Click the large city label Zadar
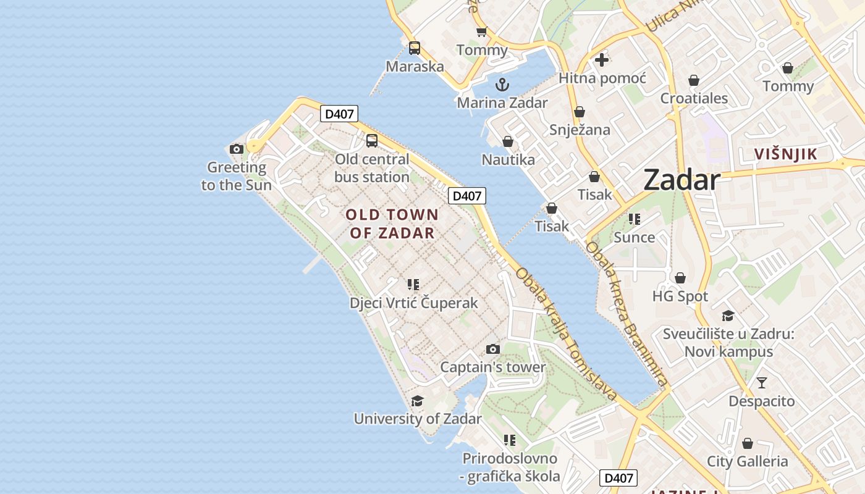point(681,180)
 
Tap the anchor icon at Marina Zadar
point(502,85)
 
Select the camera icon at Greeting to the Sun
point(236,149)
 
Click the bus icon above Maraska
point(415,48)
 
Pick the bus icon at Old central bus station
point(372,140)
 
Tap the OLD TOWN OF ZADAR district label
point(392,224)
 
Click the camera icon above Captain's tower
point(492,349)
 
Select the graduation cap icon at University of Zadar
point(418,401)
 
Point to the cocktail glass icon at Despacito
point(761,383)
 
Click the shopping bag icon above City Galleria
point(748,443)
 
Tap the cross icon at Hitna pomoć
point(602,60)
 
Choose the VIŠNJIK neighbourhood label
point(786,154)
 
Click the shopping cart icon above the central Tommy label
point(481,31)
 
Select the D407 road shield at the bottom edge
point(618,478)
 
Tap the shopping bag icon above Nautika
point(508,141)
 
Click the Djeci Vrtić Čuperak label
point(414,303)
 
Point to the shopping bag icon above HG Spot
point(680,278)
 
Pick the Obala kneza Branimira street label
point(626,314)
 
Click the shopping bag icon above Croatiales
point(694,80)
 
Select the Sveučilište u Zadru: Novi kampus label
point(728,343)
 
